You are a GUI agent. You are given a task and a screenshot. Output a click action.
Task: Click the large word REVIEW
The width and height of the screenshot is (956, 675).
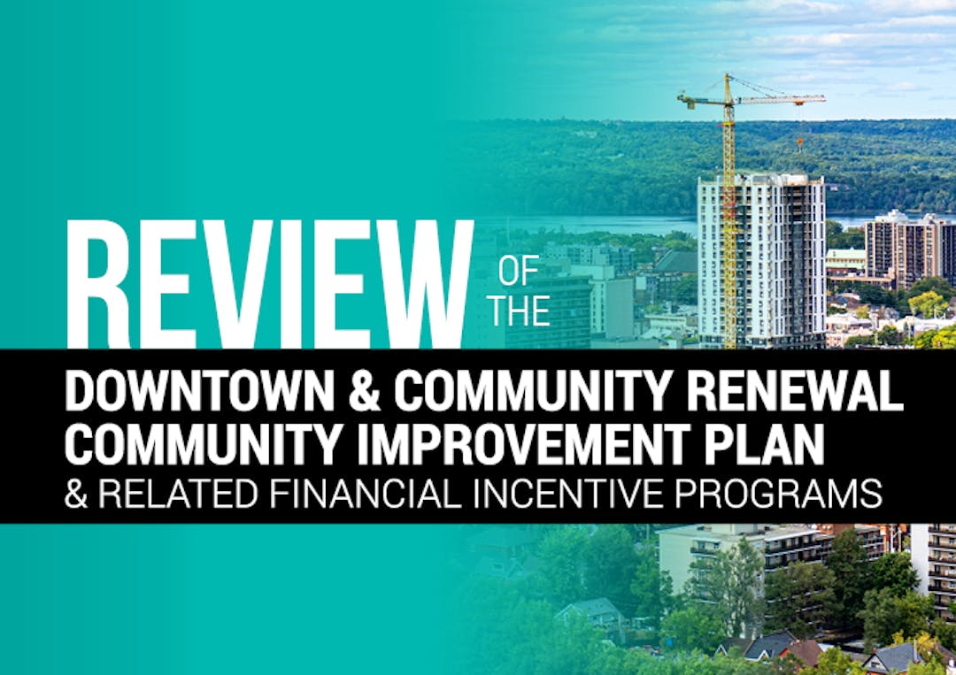click(x=269, y=284)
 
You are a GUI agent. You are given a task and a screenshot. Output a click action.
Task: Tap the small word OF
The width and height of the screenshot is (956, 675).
click(x=519, y=271)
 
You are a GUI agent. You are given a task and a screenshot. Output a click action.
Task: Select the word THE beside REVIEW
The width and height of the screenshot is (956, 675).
click(x=520, y=311)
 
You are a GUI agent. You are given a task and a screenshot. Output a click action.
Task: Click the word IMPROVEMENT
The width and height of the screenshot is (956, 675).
click(x=523, y=443)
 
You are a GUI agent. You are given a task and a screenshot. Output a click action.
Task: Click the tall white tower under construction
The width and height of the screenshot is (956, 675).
click(x=762, y=261)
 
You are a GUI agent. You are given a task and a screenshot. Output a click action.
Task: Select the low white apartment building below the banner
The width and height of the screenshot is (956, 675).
click(x=742, y=554)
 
